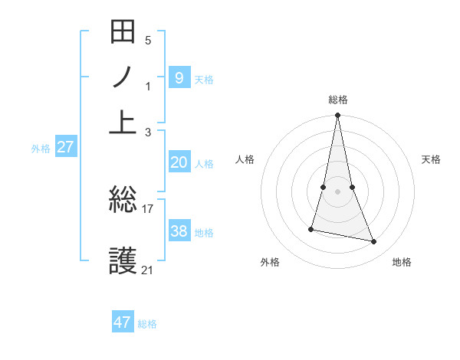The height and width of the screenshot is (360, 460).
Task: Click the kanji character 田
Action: click(123, 32)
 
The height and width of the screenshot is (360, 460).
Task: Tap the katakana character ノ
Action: click(123, 77)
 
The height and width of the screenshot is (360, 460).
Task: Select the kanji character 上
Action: click(123, 121)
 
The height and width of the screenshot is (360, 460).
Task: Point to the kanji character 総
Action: click(123, 201)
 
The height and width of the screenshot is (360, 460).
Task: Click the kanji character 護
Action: click(123, 261)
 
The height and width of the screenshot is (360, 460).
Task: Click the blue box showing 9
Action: click(179, 77)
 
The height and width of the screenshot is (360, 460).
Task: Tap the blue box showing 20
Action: click(179, 162)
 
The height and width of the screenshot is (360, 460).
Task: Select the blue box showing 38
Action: click(179, 231)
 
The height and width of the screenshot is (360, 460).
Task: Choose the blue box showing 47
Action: click(123, 322)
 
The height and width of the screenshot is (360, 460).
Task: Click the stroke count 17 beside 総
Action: click(148, 208)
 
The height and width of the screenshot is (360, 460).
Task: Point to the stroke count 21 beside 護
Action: click(147, 270)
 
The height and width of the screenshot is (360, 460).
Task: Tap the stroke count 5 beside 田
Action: click(148, 40)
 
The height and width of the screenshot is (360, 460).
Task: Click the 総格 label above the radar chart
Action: click(338, 100)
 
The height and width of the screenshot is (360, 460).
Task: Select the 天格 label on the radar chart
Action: click(431, 159)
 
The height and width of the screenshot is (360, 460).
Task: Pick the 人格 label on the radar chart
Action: click(245, 159)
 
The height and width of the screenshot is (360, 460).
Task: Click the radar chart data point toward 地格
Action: click(374, 242)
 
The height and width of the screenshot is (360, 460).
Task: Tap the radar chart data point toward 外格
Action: click(311, 229)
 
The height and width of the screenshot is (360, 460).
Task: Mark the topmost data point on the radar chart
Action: click(337, 116)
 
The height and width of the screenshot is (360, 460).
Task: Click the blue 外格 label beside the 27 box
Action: click(41, 149)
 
